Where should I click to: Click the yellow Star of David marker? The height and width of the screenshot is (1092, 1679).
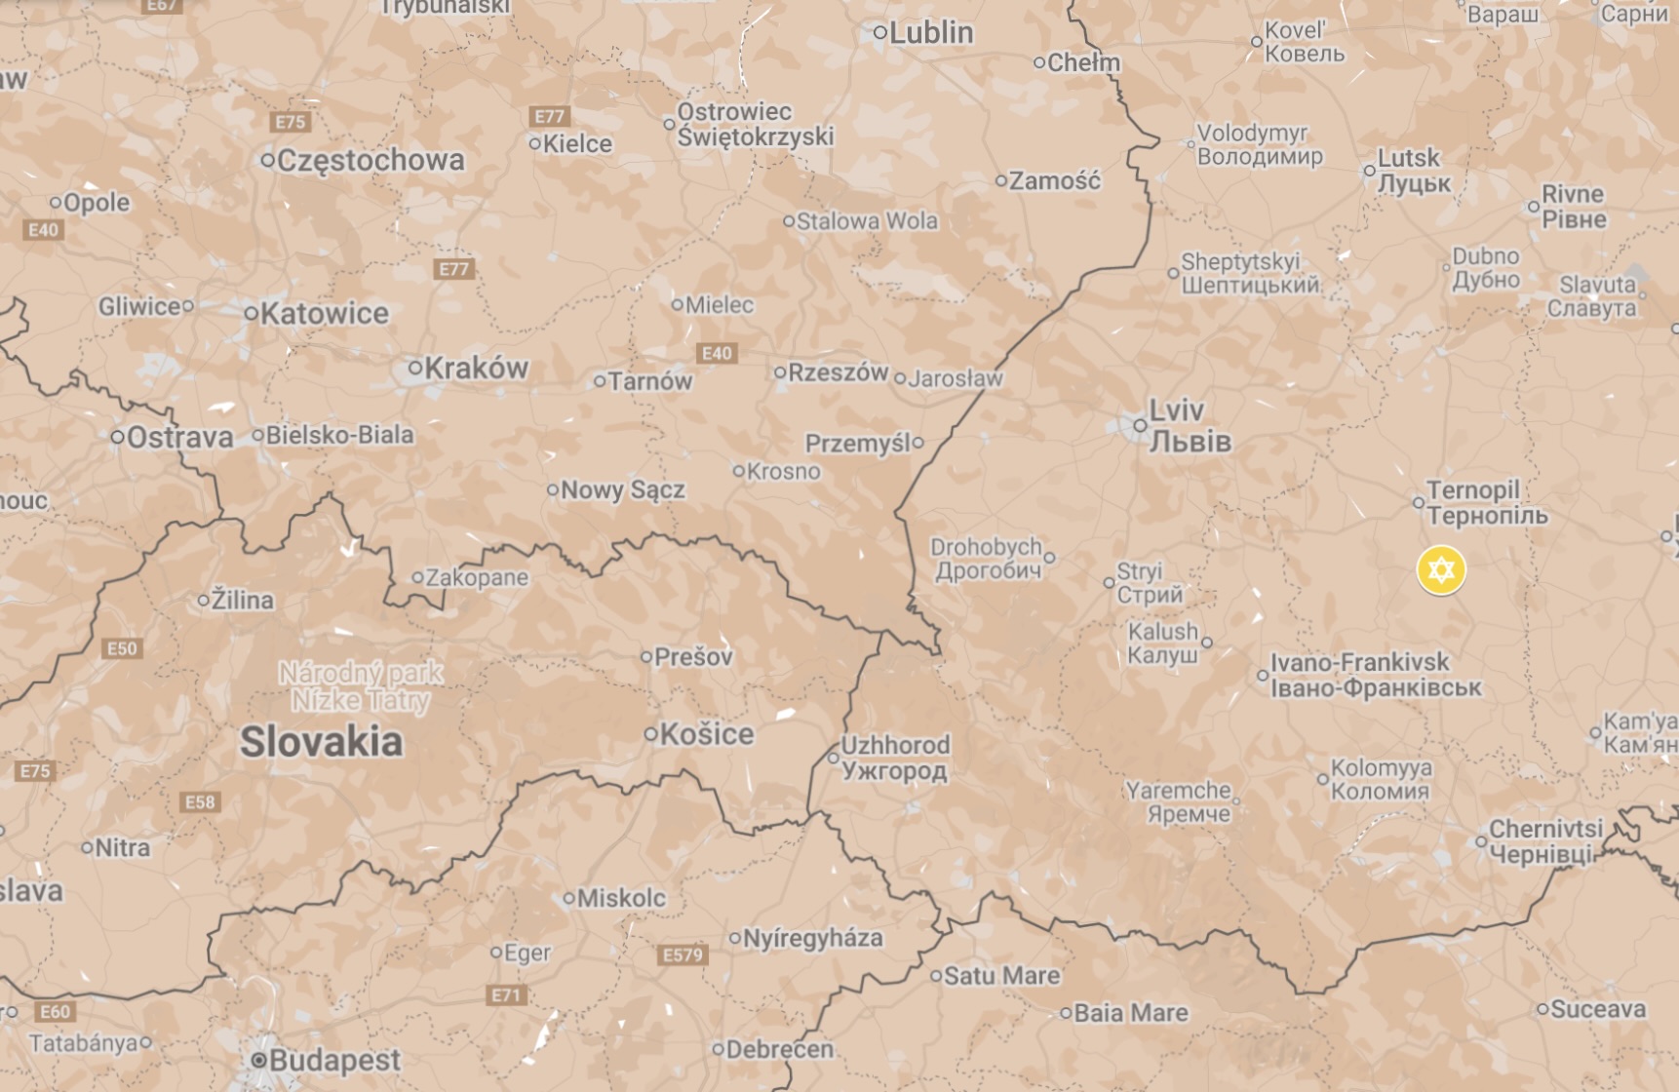pyautogui.click(x=1440, y=570)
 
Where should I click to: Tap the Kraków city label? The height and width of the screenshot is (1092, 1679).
pyautogui.click(x=476, y=368)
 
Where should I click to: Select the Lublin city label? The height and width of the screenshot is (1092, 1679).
pyautogui.click(x=930, y=32)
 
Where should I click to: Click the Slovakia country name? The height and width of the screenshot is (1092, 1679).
pyautogui.click(x=321, y=742)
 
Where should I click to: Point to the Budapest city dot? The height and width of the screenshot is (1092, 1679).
pyautogui.click(x=258, y=1060)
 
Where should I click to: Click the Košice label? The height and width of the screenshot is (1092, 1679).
pyautogui.click(x=706, y=734)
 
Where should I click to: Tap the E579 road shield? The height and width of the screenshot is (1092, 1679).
pyautogui.click(x=683, y=955)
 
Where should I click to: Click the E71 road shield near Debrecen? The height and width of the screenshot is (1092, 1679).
pyautogui.click(x=506, y=994)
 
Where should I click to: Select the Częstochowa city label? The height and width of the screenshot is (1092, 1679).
pyautogui.click(x=371, y=160)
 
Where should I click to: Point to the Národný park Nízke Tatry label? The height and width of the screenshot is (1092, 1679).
pyautogui.click(x=361, y=686)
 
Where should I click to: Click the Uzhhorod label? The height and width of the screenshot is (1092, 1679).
pyautogui.click(x=894, y=758)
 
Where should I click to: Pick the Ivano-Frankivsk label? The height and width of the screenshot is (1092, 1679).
pyautogui.click(x=1375, y=675)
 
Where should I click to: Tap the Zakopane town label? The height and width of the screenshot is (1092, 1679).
pyautogui.click(x=477, y=577)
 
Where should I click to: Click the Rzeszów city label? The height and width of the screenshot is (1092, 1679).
pyautogui.click(x=838, y=372)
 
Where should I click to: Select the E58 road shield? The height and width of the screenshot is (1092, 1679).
pyautogui.click(x=200, y=801)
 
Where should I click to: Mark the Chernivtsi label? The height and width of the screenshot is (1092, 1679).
pyautogui.click(x=1544, y=840)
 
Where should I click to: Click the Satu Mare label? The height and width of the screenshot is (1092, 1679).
pyautogui.click(x=1001, y=975)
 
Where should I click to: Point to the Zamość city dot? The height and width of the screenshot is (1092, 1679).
pyautogui.click(x=1000, y=180)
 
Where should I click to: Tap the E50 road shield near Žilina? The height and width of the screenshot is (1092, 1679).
pyautogui.click(x=122, y=648)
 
